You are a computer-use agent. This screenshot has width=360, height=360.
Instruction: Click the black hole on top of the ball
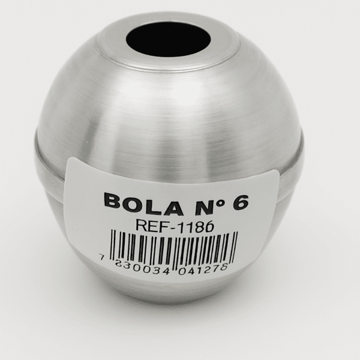click(x=168, y=40)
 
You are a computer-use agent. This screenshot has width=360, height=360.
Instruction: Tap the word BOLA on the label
click(x=144, y=204)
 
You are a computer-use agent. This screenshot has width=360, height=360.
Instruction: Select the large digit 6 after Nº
click(x=241, y=202)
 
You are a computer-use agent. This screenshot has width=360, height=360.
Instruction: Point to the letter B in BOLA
click(x=113, y=200)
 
